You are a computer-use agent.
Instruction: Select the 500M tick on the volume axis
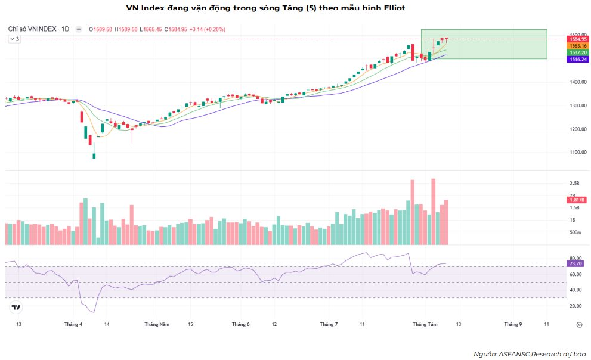(x=575, y=232)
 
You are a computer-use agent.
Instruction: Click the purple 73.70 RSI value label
(x=576, y=263)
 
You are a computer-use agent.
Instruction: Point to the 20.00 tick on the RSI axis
(x=575, y=306)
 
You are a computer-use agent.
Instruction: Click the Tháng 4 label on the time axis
(x=73, y=324)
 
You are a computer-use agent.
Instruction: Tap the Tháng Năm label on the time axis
(x=157, y=324)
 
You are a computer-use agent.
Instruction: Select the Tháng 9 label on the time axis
(x=513, y=324)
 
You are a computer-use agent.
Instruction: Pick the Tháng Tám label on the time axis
(x=425, y=324)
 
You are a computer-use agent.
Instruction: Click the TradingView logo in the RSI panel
(x=16, y=308)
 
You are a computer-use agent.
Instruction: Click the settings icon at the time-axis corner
(x=579, y=325)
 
